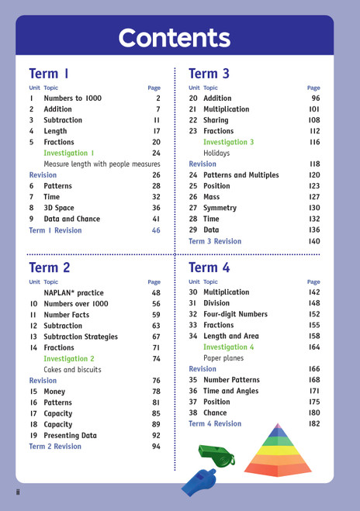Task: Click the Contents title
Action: tap(174, 38)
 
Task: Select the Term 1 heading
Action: tap(49, 74)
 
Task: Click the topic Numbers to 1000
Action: tap(73, 98)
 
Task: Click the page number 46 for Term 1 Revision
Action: tap(156, 230)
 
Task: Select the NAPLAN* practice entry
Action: tap(74, 293)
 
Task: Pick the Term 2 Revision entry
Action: tap(55, 447)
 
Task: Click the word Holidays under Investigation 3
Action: tap(216, 154)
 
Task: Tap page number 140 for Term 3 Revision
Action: tap(313, 241)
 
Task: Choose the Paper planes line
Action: tap(223, 358)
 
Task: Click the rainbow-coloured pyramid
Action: tap(278, 451)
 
